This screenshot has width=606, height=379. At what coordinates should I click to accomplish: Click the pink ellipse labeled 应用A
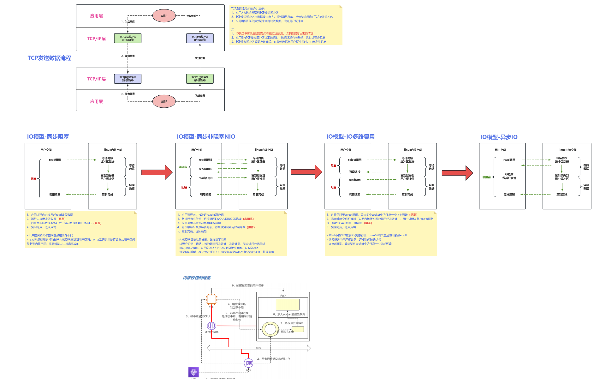pos(164,15)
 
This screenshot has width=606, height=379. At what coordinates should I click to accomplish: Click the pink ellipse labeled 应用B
pos(164,101)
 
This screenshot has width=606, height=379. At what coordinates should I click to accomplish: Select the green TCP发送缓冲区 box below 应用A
pos(128,38)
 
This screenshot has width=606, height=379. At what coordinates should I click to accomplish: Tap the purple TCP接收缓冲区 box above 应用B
pos(128,79)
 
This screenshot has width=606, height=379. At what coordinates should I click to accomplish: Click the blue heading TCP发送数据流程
pos(49,58)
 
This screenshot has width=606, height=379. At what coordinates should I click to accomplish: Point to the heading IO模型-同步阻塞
pos(48,136)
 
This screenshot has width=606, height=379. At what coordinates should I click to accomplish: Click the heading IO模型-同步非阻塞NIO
pos(206,136)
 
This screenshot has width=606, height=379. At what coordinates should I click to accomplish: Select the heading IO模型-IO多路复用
pos(350,136)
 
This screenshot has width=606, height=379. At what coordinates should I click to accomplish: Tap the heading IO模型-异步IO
pos(499,137)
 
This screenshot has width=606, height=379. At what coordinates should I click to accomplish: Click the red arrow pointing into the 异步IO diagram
pos(457,173)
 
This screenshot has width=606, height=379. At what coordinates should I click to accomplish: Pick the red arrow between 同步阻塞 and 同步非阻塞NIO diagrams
pos(157,172)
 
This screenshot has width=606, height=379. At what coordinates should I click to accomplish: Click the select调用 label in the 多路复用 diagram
pos(355,160)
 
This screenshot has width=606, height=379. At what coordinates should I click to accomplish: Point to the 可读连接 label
pos(355,172)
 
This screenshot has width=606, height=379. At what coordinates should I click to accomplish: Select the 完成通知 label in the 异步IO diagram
pos(509,195)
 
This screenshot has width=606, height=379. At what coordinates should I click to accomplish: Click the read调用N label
pos(205,178)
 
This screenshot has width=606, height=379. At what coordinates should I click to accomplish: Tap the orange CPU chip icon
pos(211,299)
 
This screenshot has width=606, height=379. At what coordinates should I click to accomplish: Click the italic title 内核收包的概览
pos(197,278)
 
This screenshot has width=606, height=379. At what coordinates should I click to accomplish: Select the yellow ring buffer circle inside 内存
pos(270,329)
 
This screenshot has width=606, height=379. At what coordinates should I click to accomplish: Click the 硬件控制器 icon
pos(211,326)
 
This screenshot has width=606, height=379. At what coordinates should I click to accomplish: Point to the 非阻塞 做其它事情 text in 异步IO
pos(509,176)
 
